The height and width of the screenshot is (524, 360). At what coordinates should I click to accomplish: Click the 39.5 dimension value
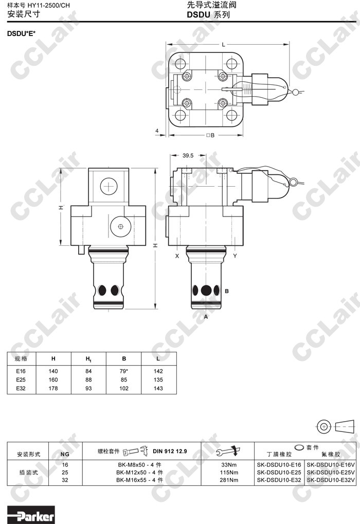point(188,155)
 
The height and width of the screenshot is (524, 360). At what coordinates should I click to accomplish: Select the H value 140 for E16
point(53,371)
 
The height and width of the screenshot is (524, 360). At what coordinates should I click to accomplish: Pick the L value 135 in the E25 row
point(158,380)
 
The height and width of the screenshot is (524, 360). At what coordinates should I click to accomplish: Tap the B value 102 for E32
point(123,388)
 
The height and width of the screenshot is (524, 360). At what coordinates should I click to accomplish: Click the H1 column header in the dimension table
point(88,359)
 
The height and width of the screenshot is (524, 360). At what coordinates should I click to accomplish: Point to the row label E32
point(21,388)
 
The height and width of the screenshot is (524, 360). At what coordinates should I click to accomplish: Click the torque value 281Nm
point(229,480)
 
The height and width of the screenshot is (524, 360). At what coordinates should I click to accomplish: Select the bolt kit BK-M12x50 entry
point(140,473)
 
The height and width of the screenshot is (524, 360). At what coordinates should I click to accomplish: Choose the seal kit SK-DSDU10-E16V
point(331,464)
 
